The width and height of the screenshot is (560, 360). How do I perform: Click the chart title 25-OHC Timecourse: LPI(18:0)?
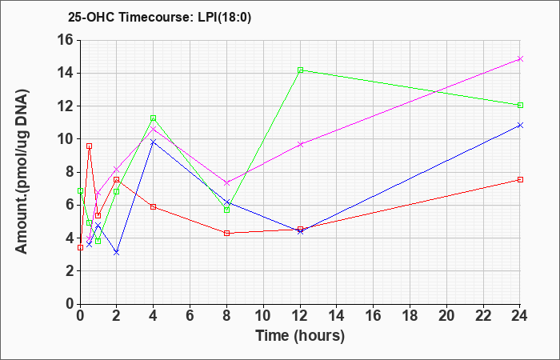click(x=159, y=18)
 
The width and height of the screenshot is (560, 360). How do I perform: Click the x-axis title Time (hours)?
click(x=300, y=336)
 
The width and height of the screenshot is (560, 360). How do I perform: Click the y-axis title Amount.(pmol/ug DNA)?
click(x=22, y=171)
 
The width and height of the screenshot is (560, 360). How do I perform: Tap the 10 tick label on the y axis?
click(x=66, y=139)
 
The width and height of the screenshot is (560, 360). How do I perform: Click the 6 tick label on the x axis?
click(x=190, y=316)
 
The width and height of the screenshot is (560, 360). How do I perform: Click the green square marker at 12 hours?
click(x=300, y=70)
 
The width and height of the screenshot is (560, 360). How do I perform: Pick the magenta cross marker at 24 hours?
click(x=520, y=59)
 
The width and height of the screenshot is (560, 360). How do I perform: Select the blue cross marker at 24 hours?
click(x=520, y=126)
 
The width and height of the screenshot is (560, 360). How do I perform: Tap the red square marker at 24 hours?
click(x=520, y=180)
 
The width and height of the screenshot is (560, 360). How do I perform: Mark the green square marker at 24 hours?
click(x=520, y=106)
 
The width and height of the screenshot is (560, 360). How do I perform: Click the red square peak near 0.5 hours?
click(x=90, y=146)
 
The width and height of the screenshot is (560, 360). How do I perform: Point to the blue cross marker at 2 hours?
click(x=117, y=253)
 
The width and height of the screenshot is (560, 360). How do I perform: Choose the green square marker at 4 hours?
click(x=154, y=118)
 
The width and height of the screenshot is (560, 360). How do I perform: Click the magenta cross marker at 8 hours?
click(x=226, y=183)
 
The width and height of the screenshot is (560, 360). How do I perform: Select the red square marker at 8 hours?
click(x=226, y=234)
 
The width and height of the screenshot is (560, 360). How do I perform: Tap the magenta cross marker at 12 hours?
click(x=300, y=144)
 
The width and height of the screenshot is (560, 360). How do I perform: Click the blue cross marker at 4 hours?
click(x=154, y=142)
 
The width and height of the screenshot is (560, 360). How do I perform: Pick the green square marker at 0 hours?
click(x=80, y=191)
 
